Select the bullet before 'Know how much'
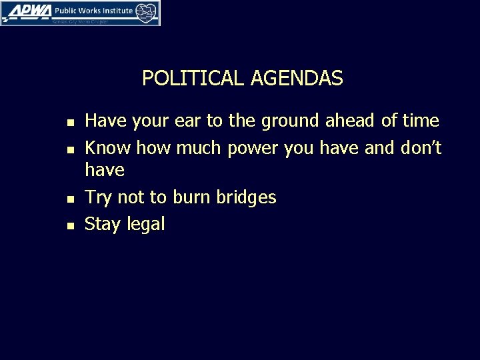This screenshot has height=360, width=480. point(71,148)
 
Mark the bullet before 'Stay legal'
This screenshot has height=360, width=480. point(71,226)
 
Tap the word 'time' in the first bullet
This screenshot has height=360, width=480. point(420,121)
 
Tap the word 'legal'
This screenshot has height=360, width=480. point(145,225)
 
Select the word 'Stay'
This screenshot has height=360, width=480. point(101,225)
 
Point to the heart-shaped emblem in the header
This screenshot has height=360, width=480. point(147,13)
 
